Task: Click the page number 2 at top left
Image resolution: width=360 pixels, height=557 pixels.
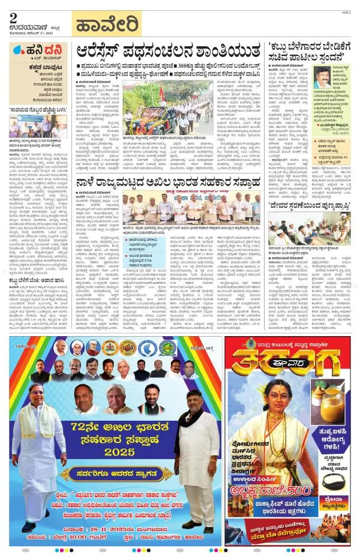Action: click(x=13, y=17)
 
